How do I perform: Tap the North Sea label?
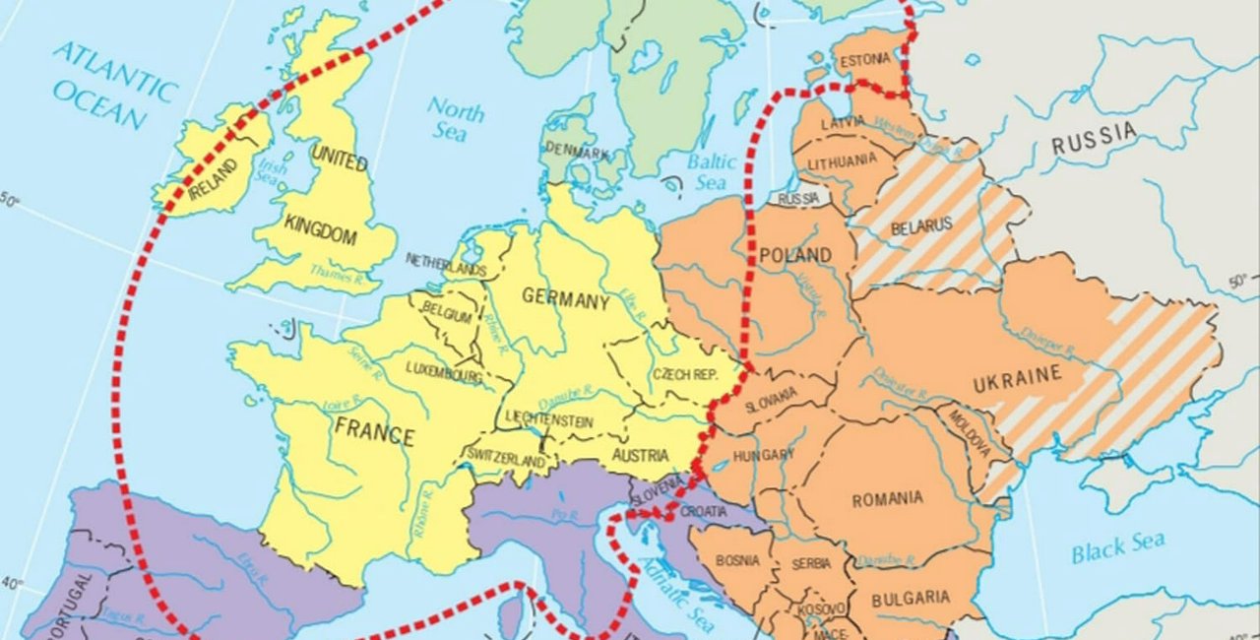point(456,120)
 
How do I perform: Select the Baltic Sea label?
point(712,171)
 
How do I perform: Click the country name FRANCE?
point(374,430)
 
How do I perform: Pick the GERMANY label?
point(565,299)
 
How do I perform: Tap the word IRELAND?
point(214,178)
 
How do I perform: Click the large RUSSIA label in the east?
point(1093,140)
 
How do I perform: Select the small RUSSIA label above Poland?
point(798,199)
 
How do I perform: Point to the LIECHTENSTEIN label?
point(549,421)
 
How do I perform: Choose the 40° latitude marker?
point(12,583)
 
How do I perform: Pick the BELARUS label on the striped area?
point(921,225)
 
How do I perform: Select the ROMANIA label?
point(887,499)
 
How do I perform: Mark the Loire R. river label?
point(343,404)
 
